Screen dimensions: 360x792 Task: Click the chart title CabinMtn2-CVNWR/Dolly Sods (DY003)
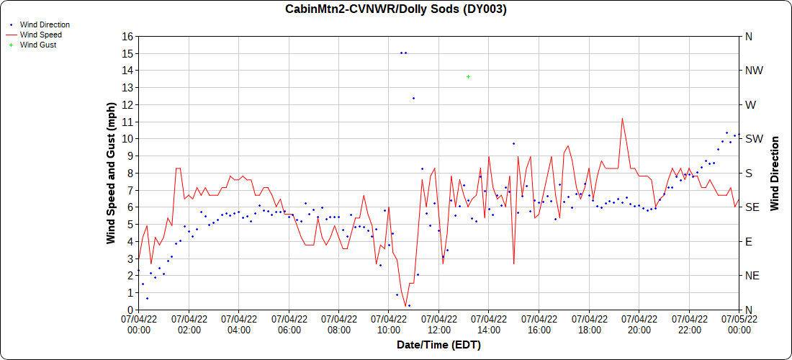click(396, 9)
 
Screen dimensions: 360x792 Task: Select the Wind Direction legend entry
click(44, 24)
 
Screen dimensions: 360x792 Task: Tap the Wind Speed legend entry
click(40, 35)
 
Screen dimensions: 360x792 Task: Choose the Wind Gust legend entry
click(37, 45)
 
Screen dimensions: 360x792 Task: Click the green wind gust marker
click(469, 76)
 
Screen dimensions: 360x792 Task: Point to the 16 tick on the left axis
click(127, 36)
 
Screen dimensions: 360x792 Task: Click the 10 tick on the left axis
click(127, 139)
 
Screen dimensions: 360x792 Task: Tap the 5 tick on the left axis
click(130, 224)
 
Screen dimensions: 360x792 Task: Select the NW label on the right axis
click(753, 71)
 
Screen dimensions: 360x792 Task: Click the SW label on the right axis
click(753, 139)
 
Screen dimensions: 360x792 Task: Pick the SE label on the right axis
click(752, 207)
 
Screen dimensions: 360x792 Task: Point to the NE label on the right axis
click(752, 276)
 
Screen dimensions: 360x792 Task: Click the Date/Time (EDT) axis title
click(438, 346)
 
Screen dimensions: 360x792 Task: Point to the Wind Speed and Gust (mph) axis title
click(112, 173)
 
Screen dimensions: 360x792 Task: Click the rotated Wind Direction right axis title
click(775, 173)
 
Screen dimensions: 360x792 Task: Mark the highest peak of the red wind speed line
click(621, 119)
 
